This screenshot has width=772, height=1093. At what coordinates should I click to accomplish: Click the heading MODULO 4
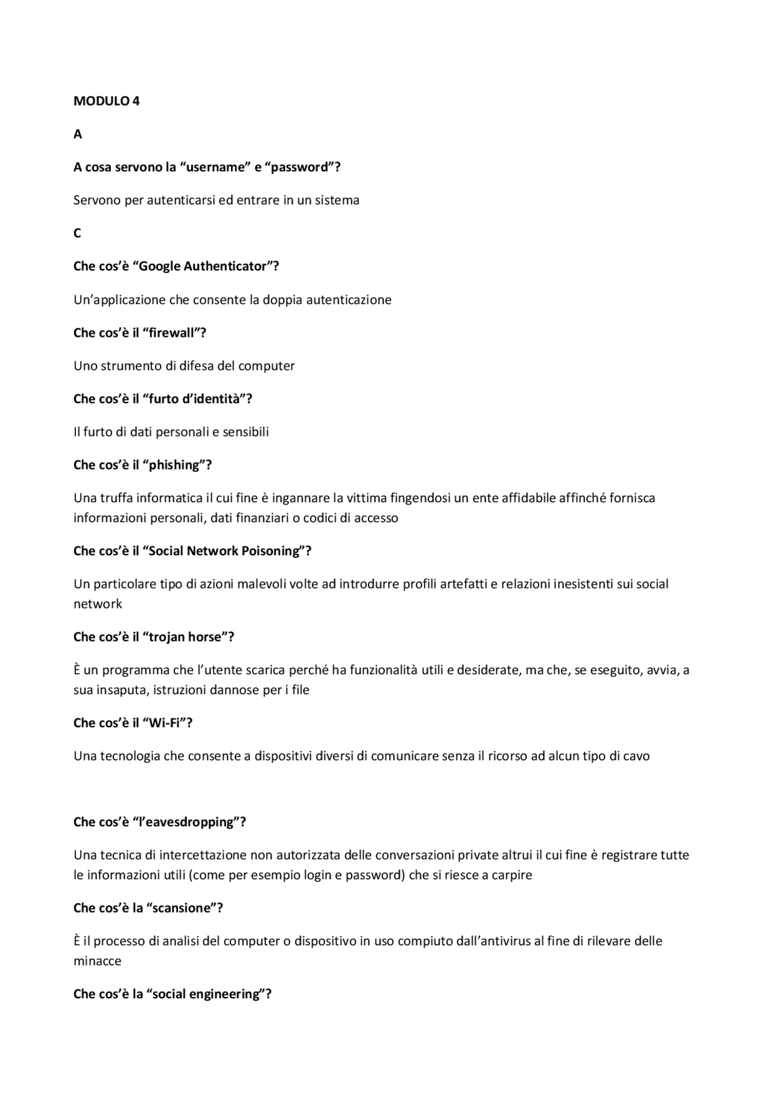(x=106, y=101)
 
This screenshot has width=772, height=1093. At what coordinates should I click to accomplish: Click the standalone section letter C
(x=77, y=234)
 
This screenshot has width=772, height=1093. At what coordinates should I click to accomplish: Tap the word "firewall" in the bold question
(x=175, y=333)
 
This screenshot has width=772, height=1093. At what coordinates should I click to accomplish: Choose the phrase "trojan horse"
(x=188, y=637)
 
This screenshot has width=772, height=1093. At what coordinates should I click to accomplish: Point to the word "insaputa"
(x=119, y=690)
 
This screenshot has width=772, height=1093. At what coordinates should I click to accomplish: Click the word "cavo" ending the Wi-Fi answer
(x=636, y=756)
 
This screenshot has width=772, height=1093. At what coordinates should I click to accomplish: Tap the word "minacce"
(x=97, y=961)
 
